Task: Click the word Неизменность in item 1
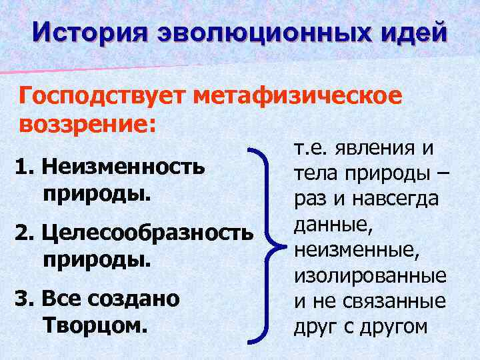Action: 120,166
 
